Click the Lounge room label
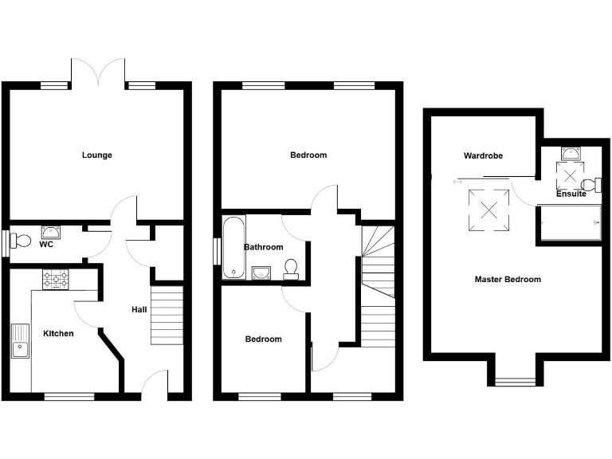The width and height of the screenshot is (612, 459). [96, 155]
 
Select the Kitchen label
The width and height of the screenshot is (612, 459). [58, 333]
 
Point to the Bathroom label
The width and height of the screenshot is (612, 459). [264, 247]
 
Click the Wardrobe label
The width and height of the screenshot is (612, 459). [484, 155]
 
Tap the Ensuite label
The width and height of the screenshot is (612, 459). [571, 194]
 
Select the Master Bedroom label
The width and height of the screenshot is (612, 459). [508, 279]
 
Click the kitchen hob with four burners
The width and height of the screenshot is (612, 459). [57, 279]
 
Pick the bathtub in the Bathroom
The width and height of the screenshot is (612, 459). [233, 247]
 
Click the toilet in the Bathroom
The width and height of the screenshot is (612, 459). [291, 269]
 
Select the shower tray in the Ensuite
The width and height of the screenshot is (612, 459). [570, 222]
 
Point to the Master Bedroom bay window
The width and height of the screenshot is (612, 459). [514, 381]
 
